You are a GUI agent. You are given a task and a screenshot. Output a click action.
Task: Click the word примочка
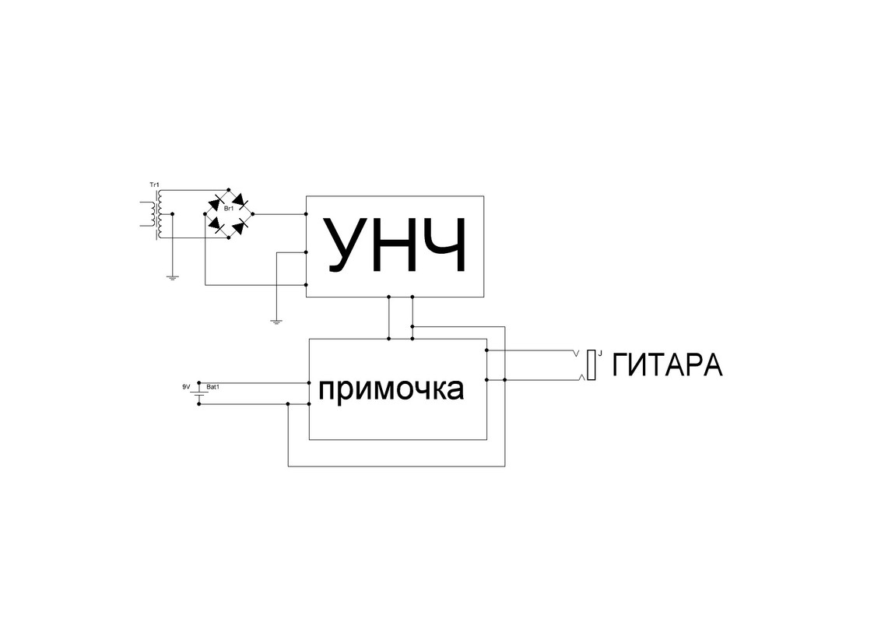pos(391,389)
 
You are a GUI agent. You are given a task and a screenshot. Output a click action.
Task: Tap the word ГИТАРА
pos(668,365)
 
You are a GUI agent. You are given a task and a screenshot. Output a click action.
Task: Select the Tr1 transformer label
pos(153,185)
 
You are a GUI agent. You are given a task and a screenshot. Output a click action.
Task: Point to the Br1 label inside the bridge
pos(229,209)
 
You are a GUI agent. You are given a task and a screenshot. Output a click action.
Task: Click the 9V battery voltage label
pos(185,386)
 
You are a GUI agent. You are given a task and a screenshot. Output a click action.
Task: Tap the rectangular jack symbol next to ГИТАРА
pos(592,365)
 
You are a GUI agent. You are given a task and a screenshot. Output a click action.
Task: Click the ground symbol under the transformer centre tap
pos(172,276)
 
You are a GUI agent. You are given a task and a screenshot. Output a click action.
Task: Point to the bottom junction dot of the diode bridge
pos(229,238)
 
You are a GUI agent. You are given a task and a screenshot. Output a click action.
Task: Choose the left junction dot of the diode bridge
pos(205,213)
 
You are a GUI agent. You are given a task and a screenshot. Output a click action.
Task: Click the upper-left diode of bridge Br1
pos(216,201)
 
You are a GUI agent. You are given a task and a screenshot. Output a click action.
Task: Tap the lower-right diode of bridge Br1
pos(242,226)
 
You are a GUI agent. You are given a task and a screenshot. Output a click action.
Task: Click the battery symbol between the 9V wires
pos(199,394)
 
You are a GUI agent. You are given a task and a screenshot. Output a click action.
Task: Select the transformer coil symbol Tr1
pos(158,213)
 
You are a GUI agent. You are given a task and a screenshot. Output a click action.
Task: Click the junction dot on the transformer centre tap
pos(172,213)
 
